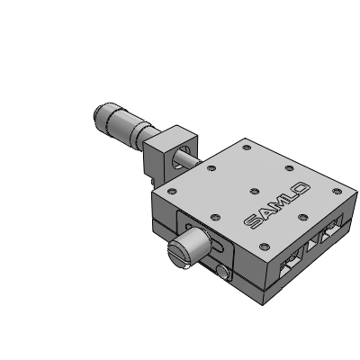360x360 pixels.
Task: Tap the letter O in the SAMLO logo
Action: tap(302, 189)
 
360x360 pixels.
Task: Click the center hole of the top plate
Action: tap(255, 191)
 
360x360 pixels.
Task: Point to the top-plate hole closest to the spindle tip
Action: tap(211, 167)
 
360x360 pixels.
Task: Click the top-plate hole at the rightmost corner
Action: tap(337, 191)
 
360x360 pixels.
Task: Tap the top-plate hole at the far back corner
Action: tap(247, 147)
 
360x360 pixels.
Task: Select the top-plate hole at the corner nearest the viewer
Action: tap(265, 247)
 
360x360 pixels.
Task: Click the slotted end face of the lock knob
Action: tap(179, 255)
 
